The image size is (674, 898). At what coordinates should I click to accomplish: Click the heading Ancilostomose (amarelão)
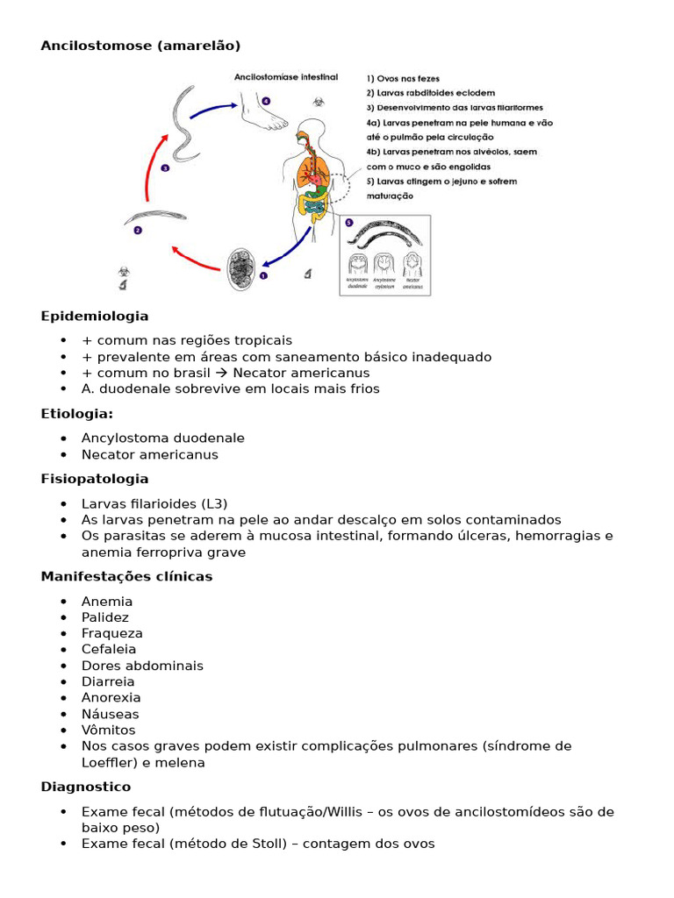tap(140, 45)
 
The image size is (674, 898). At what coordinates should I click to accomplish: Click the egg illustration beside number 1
tap(240, 270)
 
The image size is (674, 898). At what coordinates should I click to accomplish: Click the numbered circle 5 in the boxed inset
tap(348, 224)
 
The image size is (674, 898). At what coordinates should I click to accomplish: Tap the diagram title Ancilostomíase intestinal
tap(285, 77)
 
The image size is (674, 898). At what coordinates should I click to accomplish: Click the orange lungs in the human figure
tap(312, 167)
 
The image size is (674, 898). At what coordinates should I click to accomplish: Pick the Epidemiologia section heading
tap(95, 316)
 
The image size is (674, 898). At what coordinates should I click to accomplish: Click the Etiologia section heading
tap(77, 413)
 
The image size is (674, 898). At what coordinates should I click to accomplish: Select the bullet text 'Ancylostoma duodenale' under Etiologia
tap(163, 438)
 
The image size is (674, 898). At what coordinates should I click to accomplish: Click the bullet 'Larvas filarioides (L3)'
tap(154, 503)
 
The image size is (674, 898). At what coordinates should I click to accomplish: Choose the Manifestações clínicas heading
tap(126, 576)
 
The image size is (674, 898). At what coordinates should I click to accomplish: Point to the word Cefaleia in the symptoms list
tap(109, 649)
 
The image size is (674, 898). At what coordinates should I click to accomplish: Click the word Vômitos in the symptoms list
tap(109, 730)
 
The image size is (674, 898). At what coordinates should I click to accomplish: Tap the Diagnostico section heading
tap(85, 787)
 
